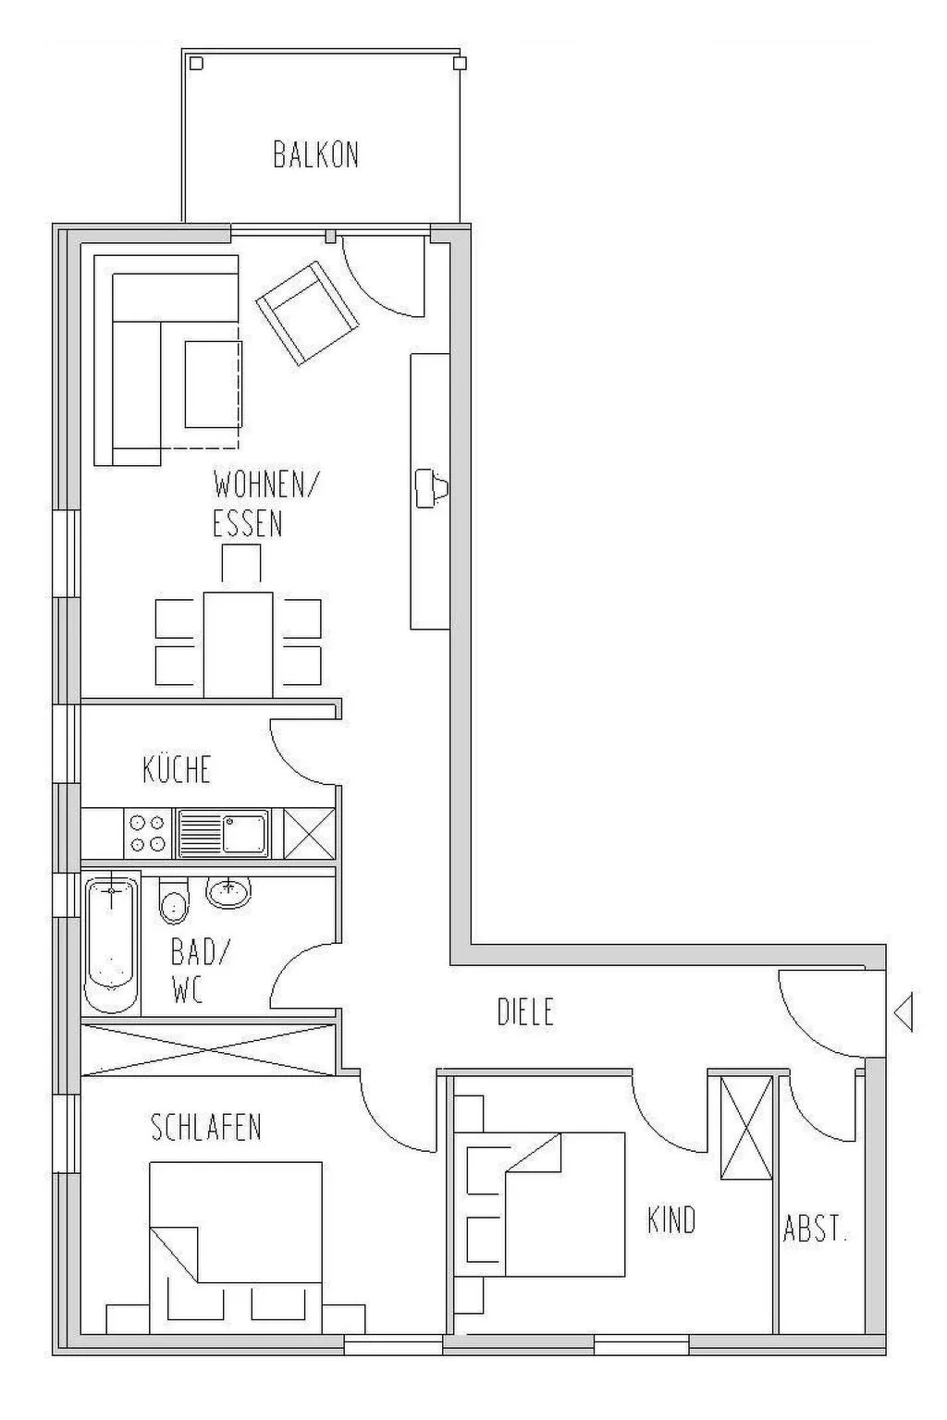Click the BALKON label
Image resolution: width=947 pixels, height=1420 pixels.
click(x=316, y=154)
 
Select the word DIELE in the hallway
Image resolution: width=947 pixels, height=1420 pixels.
click(x=526, y=1011)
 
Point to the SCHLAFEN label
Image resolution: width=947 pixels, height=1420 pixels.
click(x=206, y=1127)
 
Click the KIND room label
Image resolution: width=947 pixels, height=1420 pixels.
click(x=671, y=1219)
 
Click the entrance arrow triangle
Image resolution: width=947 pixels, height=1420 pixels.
click(x=904, y=1012)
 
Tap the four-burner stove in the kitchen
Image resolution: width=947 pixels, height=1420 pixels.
click(x=148, y=834)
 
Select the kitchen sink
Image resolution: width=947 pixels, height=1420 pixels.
click(x=223, y=834)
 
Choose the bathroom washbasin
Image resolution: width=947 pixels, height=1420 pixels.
click(x=228, y=892)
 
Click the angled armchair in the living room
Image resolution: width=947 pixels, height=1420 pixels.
click(x=306, y=313)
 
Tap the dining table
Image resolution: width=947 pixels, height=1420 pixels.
click(x=238, y=644)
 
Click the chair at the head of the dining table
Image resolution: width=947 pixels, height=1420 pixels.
click(x=241, y=563)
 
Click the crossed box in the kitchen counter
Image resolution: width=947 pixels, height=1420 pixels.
click(x=309, y=834)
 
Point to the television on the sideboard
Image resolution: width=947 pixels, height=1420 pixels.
click(x=431, y=488)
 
